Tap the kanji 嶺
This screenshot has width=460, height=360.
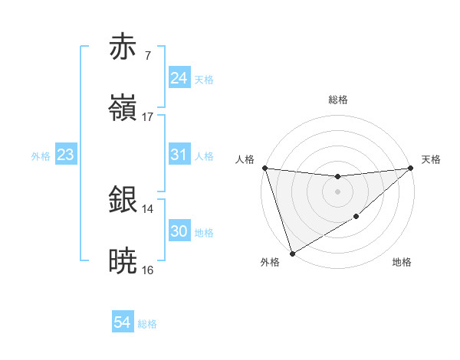tap(124, 108)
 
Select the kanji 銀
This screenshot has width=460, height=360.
tap(124, 200)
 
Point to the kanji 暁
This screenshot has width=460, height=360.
tap(124, 261)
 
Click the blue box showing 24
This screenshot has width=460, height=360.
tap(179, 78)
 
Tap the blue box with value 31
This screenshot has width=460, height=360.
tap(179, 155)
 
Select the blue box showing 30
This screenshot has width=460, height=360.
tap(179, 231)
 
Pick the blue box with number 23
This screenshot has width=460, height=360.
tap(66, 155)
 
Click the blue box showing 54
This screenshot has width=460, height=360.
tap(123, 323)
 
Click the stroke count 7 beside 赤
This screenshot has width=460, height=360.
tap(148, 56)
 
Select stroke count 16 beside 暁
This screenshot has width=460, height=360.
tap(148, 270)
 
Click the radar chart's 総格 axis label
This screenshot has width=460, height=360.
tap(338, 100)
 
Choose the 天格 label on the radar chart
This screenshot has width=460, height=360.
tap(432, 159)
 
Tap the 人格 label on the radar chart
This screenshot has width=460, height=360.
tap(245, 159)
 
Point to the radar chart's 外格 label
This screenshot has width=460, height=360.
tap(270, 263)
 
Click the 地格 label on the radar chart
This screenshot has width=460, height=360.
tap(402, 263)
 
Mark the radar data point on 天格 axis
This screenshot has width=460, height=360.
tap(411, 168)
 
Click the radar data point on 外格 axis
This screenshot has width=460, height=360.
tap(292, 253)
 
